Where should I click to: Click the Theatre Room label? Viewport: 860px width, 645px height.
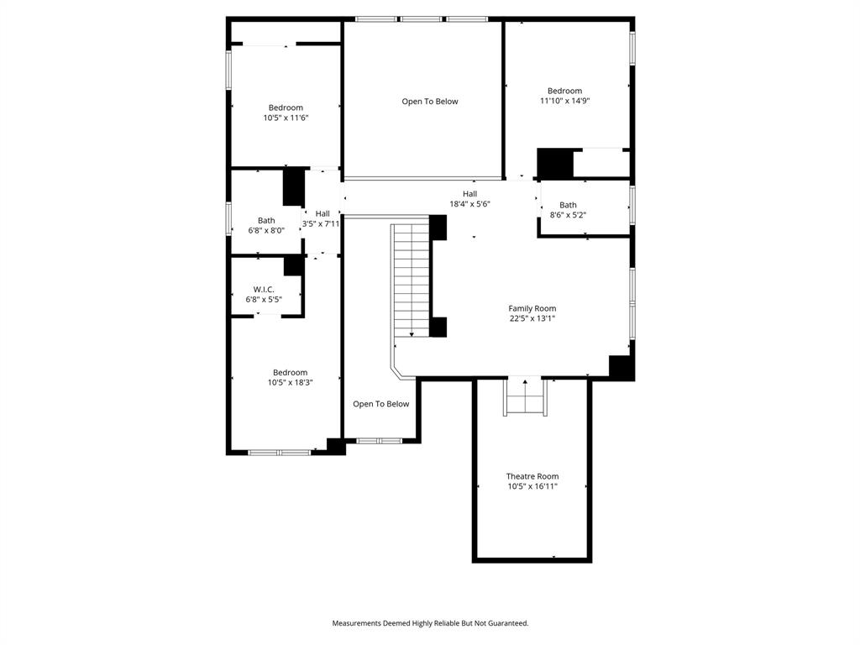pos(532,476)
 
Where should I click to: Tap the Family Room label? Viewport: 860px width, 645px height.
pos(532,308)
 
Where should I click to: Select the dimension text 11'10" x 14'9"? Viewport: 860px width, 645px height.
pos(564,101)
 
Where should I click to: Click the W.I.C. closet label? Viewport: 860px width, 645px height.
pos(264,289)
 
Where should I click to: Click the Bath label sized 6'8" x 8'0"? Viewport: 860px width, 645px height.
pos(266,220)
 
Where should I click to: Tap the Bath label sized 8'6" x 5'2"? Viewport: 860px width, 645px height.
pos(569,204)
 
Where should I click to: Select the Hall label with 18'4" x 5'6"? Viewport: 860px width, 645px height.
pos(469,194)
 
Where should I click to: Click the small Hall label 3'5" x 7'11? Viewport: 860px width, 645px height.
pos(322,213)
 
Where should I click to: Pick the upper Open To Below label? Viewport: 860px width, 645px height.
pos(430,102)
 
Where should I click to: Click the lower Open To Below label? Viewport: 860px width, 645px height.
pos(380,404)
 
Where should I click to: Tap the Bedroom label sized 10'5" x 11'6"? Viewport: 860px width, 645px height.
pos(286,107)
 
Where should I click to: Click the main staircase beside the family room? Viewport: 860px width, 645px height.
pos(412,281)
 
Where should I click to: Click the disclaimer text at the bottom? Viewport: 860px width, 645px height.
pos(430,623)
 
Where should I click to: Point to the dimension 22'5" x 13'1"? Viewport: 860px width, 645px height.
pos(532,319)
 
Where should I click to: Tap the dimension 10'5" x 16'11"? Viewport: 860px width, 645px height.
pos(532,487)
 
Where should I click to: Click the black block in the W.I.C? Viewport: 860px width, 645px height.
pos(293,265)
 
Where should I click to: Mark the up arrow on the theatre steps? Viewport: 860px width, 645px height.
pos(526,384)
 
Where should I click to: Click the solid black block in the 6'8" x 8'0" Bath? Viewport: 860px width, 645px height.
pos(293,186)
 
